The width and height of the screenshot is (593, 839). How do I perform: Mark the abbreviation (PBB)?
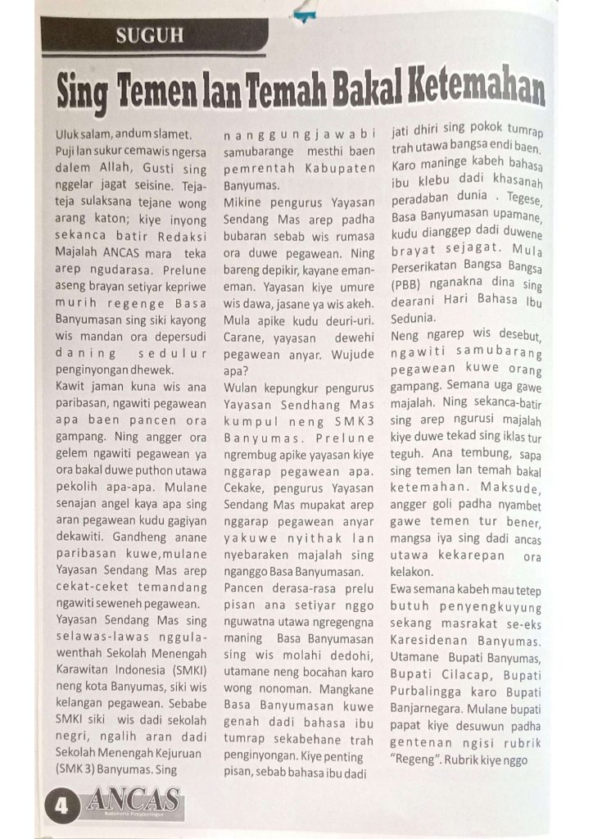point(407,286)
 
